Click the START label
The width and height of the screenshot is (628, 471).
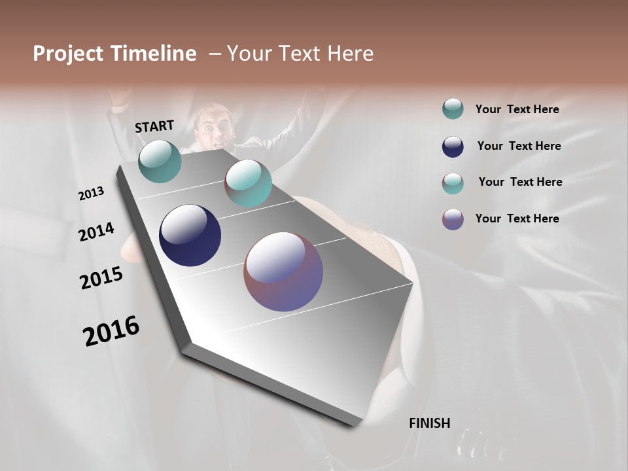pos(154,126)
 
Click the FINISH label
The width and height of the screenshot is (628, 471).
pos(429,423)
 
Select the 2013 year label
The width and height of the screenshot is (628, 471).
pos(91,194)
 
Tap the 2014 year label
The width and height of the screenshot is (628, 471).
pos(96,232)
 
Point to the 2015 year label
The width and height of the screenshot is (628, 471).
pos(101,278)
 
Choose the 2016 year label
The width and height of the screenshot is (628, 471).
pos(111,330)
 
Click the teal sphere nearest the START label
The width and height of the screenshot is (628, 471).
pos(160,161)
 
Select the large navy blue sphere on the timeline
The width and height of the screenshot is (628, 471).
pos(190,235)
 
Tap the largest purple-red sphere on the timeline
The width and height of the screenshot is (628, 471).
pos(283,271)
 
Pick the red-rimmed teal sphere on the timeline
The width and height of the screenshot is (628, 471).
pos(248,183)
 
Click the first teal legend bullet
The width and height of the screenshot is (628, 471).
pos(453,109)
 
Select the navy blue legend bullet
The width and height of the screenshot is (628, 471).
pos(453,147)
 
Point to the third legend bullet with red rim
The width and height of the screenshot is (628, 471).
pos(453,183)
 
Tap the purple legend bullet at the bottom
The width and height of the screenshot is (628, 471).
pos(453,219)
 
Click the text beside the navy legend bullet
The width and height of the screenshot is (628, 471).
pos(519,146)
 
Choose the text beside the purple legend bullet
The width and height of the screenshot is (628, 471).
pos(517,218)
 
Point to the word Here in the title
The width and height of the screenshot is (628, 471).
pos(350,54)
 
